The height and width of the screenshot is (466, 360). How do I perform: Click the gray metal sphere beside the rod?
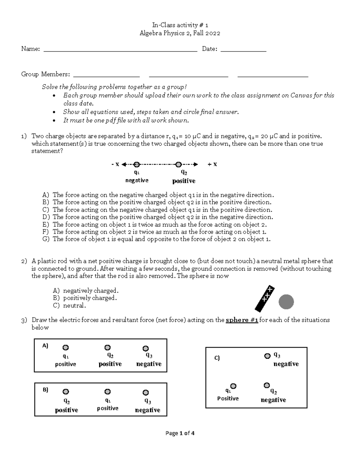point(286,302)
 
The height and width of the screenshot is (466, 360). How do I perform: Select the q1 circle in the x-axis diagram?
point(136,164)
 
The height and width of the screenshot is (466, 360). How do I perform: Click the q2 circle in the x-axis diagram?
point(178,164)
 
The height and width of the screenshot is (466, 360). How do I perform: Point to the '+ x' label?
point(212,164)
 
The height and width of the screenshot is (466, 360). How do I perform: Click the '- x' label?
point(115,164)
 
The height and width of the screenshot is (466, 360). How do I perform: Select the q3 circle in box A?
point(145,348)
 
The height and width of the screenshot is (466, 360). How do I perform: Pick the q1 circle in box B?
point(107,392)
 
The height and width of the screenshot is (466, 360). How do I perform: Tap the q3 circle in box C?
point(267,356)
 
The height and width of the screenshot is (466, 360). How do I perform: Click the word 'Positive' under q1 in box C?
point(228,398)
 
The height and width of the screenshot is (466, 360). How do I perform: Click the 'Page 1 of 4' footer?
point(180,433)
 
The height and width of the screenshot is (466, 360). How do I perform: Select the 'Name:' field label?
point(30,49)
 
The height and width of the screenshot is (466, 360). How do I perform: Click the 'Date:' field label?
point(209,49)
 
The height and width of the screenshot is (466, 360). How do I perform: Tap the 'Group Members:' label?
point(45,74)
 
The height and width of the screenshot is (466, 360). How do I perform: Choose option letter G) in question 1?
point(46,239)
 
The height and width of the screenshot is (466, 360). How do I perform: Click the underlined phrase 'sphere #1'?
point(242,320)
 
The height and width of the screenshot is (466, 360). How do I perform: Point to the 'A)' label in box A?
point(45,346)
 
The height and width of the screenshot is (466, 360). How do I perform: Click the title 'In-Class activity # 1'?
point(180,25)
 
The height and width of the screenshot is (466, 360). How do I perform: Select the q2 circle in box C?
point(266,385)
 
